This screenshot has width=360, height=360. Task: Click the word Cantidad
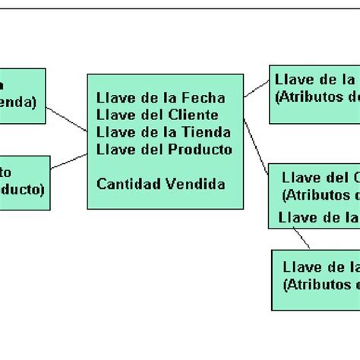point(125,184)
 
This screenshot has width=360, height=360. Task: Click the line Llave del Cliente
point(157,115)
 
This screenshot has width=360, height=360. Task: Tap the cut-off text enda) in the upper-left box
point(18,100)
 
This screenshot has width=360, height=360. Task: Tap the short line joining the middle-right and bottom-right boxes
point(302,238)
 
